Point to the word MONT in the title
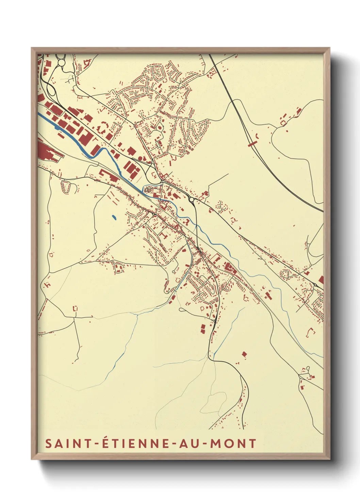click(233, 443)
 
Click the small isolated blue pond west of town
click(114, 217)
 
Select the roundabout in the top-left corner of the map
click(62, 63)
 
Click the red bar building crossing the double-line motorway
click(252, 144)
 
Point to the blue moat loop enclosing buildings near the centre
click(149, 189)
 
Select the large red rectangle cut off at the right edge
click(321, 280)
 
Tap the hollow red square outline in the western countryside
click(75, 309)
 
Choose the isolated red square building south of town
click(244, 354)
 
